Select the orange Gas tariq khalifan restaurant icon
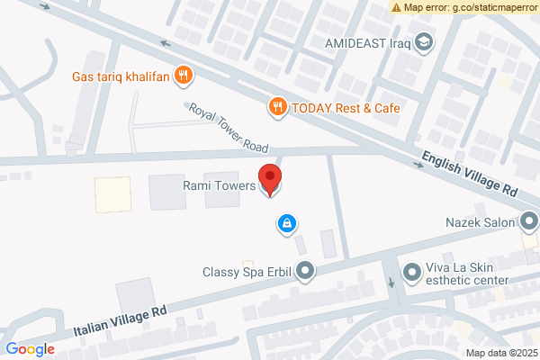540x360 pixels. click(184, 75)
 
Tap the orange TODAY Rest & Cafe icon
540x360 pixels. click(278, 107)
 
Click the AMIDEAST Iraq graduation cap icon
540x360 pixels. click(423, 41)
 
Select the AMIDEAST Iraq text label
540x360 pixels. click(367, 42)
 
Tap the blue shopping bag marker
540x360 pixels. click(286, 222)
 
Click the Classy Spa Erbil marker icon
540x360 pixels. click(307, 269)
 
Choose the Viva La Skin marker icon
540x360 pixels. click(411, 270)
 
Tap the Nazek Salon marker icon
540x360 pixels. click(529, 221)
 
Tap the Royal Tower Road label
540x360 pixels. click(230, 127)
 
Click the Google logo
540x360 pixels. click(30, 349)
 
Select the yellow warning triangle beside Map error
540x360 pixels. click(397, 6)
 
